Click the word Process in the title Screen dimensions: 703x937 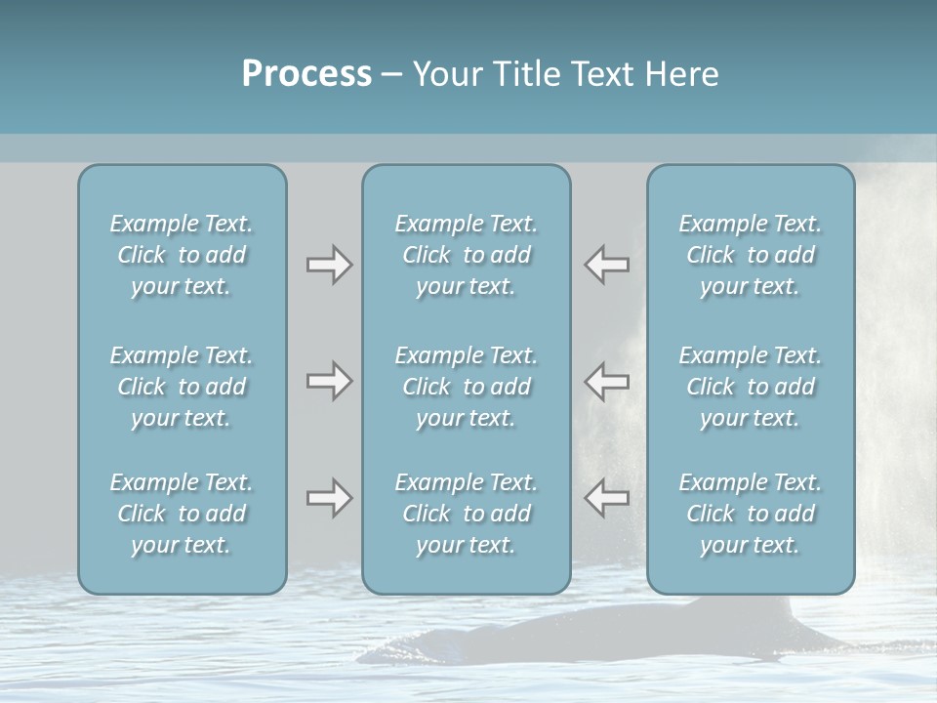[306, 74]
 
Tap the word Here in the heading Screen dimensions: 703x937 [680, 74]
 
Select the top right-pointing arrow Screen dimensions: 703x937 [329, 265]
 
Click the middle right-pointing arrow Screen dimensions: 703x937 [329, 381]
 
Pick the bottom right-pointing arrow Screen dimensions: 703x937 [329, 498]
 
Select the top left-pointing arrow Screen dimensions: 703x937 [606, 265]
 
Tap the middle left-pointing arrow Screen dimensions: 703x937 [606, 381]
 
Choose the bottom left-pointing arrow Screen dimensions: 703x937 [606, 498]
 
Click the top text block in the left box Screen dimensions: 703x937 [182, 255]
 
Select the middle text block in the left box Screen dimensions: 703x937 [182, 387]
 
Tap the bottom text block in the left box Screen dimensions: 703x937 [182, 514]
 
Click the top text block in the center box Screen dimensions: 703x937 [466, 255]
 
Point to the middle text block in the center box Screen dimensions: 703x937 [466, 387]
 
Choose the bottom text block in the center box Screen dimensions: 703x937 [466, 514]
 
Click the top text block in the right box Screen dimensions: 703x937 [750, 255]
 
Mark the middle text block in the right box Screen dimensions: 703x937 [750, 387]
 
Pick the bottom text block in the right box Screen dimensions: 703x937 [750, 514]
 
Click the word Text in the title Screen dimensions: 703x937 [599, 74]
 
